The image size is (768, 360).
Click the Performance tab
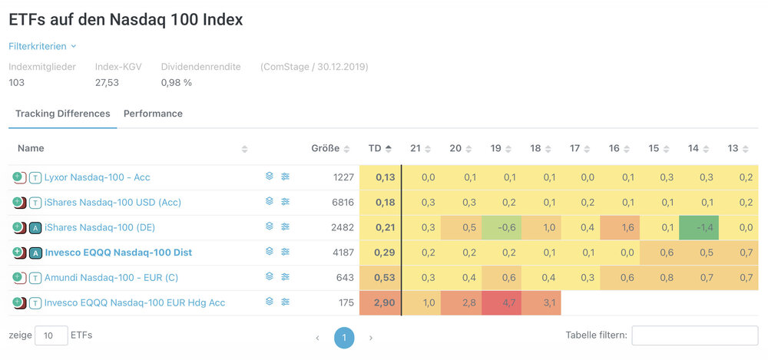point(153,114)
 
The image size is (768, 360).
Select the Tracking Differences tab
point(63,114)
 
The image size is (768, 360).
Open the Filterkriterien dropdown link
point(42,46)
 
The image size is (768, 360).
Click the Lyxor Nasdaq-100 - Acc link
point(98,177)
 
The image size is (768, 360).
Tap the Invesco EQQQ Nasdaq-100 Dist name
point(118,253)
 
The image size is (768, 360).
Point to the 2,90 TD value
point(385,302)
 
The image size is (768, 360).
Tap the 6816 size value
point(343,203)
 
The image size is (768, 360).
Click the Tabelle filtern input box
point(694,335)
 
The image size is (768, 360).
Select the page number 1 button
point(344,338)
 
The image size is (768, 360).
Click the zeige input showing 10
point(51,335)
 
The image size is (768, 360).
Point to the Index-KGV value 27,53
point(107,82)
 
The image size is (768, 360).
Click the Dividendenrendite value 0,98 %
point(177,82)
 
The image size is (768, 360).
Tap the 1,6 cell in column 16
point(628,227)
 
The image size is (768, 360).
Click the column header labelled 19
point(496,148)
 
